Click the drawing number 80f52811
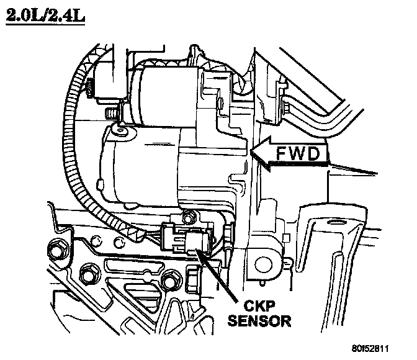pyautogui.click(x=380, y=348)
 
